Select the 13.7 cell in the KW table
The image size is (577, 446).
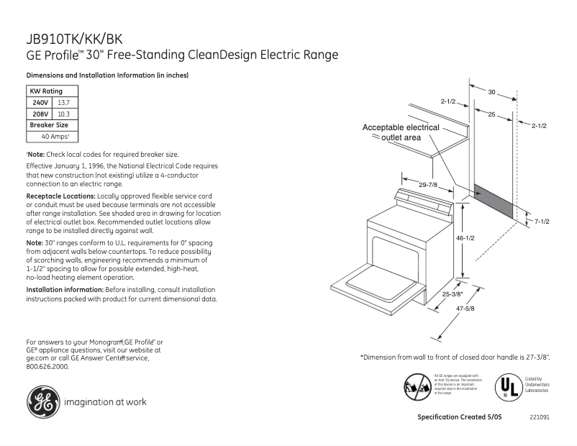63,103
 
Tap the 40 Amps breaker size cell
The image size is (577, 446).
55,136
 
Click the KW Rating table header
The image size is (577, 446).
46,91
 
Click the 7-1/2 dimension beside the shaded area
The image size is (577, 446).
541,222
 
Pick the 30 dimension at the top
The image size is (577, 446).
492,92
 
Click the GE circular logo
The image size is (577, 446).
43,402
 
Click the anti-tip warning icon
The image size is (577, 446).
418,387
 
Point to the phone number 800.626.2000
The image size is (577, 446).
47,366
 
